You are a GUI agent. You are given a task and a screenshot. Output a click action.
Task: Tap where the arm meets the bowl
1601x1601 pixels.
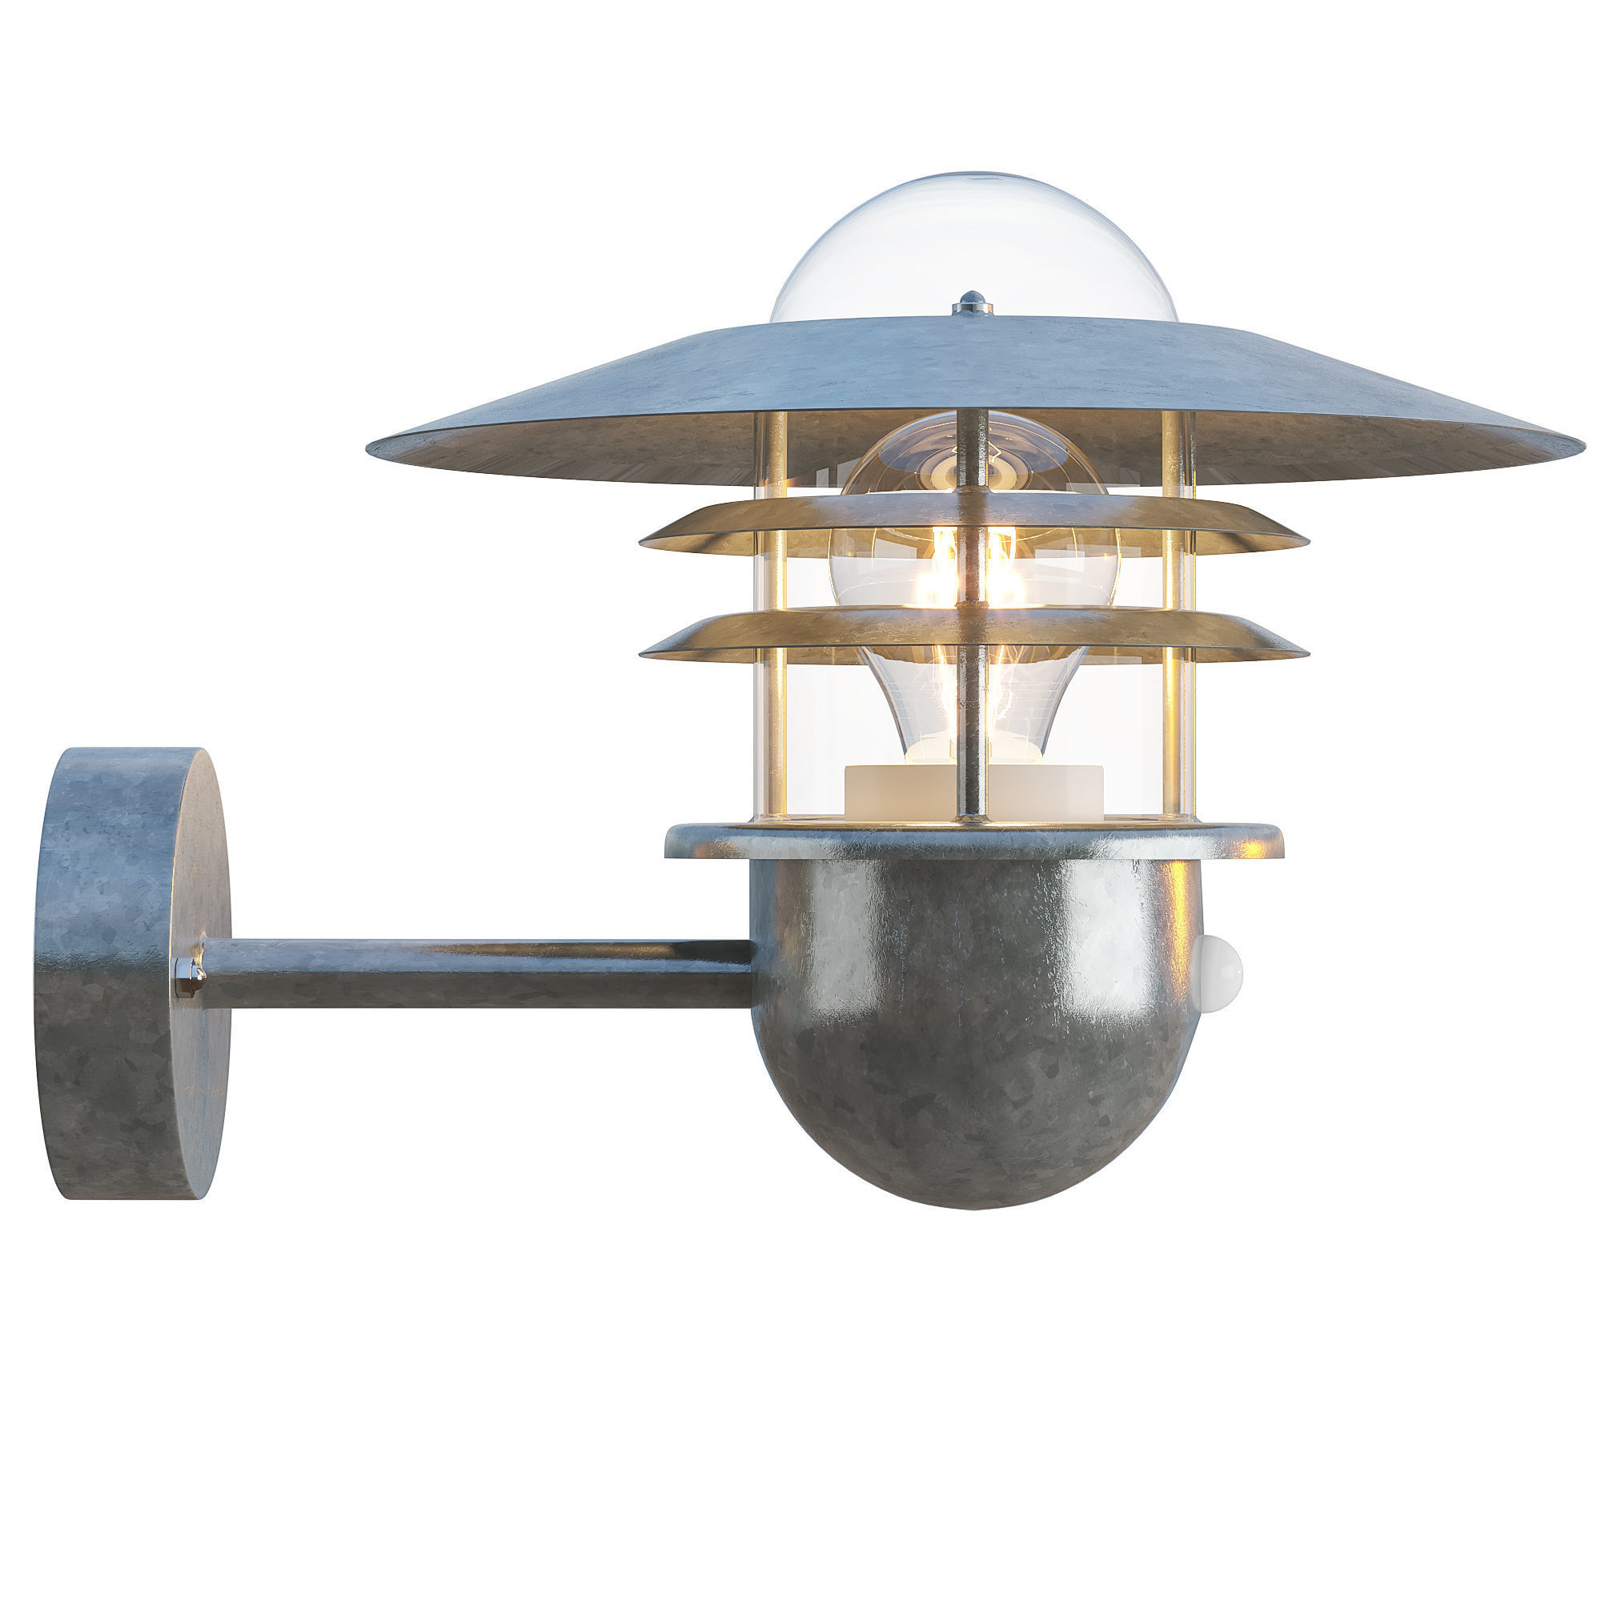pyautogui.click(x=750, y=973)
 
